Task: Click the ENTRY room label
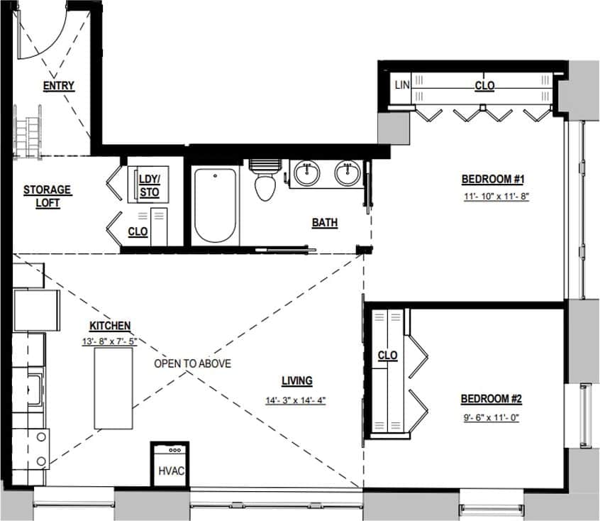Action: (x=58, y=86)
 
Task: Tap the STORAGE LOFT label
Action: (x=47, y=196)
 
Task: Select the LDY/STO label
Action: (x=149, y=185)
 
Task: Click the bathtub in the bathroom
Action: (x=216, y=204)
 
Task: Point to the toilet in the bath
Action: (x=264, y=183)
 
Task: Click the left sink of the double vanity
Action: (x=306, y=173)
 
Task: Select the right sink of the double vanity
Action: (x=348, y=173)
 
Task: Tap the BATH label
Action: (x=325, y=223)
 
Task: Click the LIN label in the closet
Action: (x=402, y=85)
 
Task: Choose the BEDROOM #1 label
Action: (x=491, y=178)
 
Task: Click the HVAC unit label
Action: (x=169, y=471)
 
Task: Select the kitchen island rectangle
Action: (x=114, y=388)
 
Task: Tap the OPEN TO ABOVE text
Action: (x=193, y=363)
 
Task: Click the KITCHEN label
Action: (x=109, y=326)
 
